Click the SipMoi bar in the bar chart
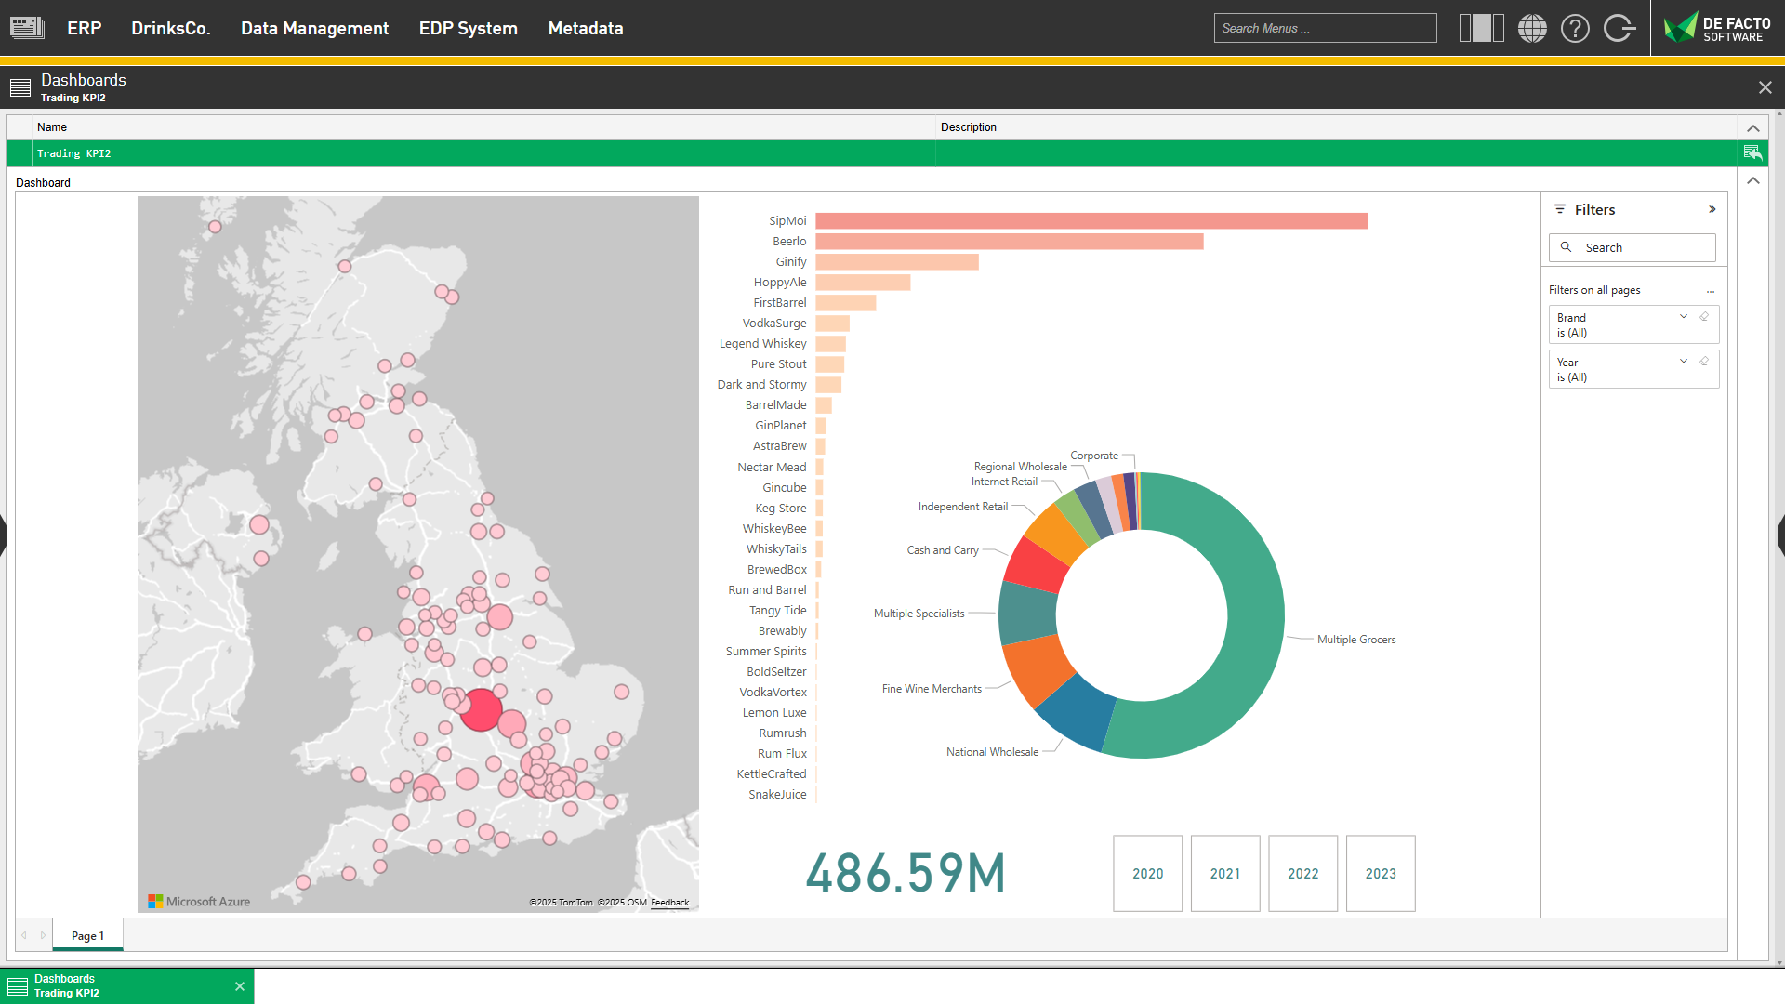point(1091,221)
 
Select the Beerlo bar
point(1009,242)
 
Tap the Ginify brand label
point(790,262)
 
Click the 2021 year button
point(1224,874)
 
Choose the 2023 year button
point(1380,874)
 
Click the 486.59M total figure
point(906,874)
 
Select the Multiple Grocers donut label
point(1355,640)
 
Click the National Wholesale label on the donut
point(992,752)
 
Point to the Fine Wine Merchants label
point(932,689)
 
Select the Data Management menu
point(314,29)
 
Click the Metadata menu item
point(586,29)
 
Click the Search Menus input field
point(1325,29)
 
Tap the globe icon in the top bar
point(1532,29)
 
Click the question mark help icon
point(1575,29)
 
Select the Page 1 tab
point(87,936)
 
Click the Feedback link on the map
point(669,903)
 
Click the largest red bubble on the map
point(482,710)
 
